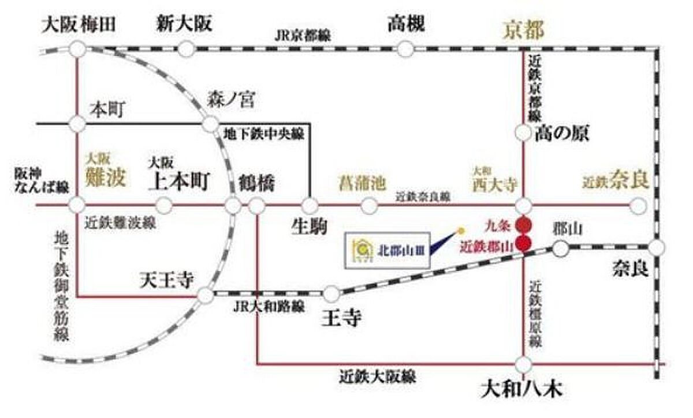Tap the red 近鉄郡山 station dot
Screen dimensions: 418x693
[524, 244]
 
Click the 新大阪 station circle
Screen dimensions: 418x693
[185, 49]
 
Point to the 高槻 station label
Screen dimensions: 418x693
[406, 24]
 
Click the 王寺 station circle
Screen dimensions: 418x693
[331, 294]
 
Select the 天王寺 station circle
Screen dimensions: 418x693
[205, 295]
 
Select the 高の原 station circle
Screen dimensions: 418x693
[523, 133]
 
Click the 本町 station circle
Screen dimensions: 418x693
[77, 123]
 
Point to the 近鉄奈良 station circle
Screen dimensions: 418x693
[638, 205]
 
